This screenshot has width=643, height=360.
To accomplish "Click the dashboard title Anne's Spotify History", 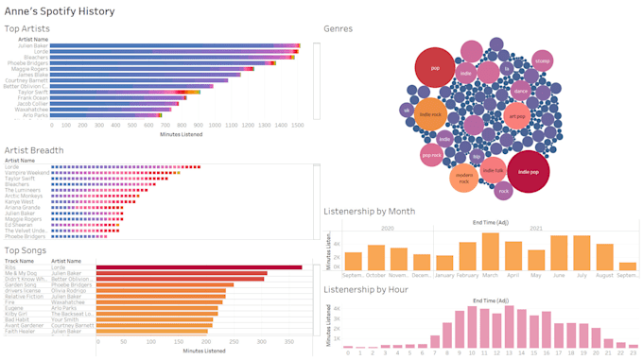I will (60, 11).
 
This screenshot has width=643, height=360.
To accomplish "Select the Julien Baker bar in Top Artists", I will (175, 45).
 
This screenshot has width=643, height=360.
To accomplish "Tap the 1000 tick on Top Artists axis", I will (219, 125).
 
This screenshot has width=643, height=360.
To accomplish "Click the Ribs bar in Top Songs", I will (200, 267).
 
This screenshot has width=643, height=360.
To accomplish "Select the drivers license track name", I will (24, 292).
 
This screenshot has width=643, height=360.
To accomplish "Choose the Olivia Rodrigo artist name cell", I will (72, 292).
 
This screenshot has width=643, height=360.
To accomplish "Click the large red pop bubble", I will (434, 67).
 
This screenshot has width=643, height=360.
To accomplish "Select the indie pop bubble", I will (528, 172).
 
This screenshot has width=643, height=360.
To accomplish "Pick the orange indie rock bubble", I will (429, 114).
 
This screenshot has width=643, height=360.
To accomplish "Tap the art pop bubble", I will (516, 116).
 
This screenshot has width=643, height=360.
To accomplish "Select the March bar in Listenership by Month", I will (490, 252).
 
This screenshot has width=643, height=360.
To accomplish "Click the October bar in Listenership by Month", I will (376, 258).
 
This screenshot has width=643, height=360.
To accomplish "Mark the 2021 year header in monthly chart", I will (535, 228).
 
